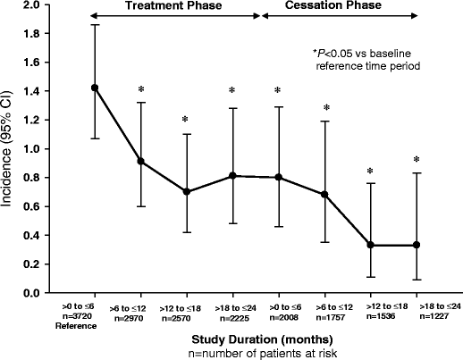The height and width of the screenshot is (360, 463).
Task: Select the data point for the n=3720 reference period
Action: tap(95, 88)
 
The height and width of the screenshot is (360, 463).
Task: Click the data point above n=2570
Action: tap(187, 192)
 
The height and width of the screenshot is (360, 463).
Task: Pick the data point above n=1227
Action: tap(417, 245)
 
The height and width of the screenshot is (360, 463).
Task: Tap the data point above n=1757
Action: tap(324, 194)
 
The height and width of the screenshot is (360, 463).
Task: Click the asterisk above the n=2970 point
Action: tap(140, 89)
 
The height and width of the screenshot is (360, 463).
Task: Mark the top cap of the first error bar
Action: tap(95, 25)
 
